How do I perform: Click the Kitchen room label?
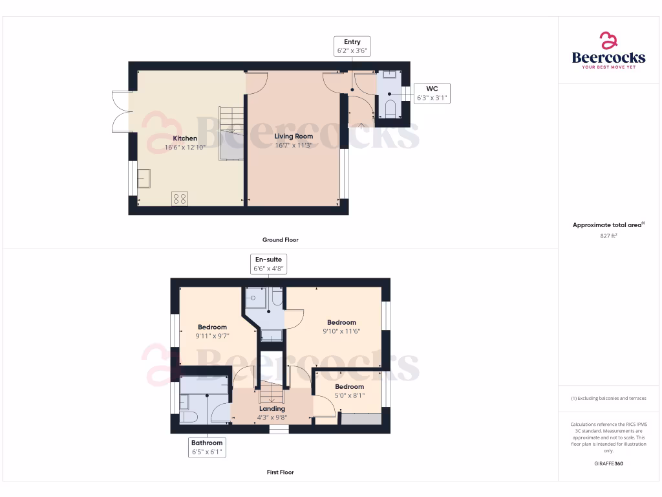tap(185, 138)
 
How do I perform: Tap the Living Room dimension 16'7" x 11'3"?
tap(294, 146)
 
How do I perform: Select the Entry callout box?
tap(352, 46)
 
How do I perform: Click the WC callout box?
tap(432, 93)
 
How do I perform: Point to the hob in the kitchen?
tap(180, 199)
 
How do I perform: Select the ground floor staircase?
tap(231, 133)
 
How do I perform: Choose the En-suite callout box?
tap(268, 263)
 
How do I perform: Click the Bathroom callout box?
tap(207, 448)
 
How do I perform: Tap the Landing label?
tap(272, 408)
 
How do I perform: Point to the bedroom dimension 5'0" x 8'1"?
tap(350, 395)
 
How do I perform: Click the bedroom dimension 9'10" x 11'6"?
tap(341, 331)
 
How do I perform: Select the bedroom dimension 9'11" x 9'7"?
tap(212, 336)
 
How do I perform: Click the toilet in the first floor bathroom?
tap(187, 416)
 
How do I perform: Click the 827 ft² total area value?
tap(608, 236)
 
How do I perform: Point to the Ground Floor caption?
tap(281, 239)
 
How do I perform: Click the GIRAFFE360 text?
tap(608, 463)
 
